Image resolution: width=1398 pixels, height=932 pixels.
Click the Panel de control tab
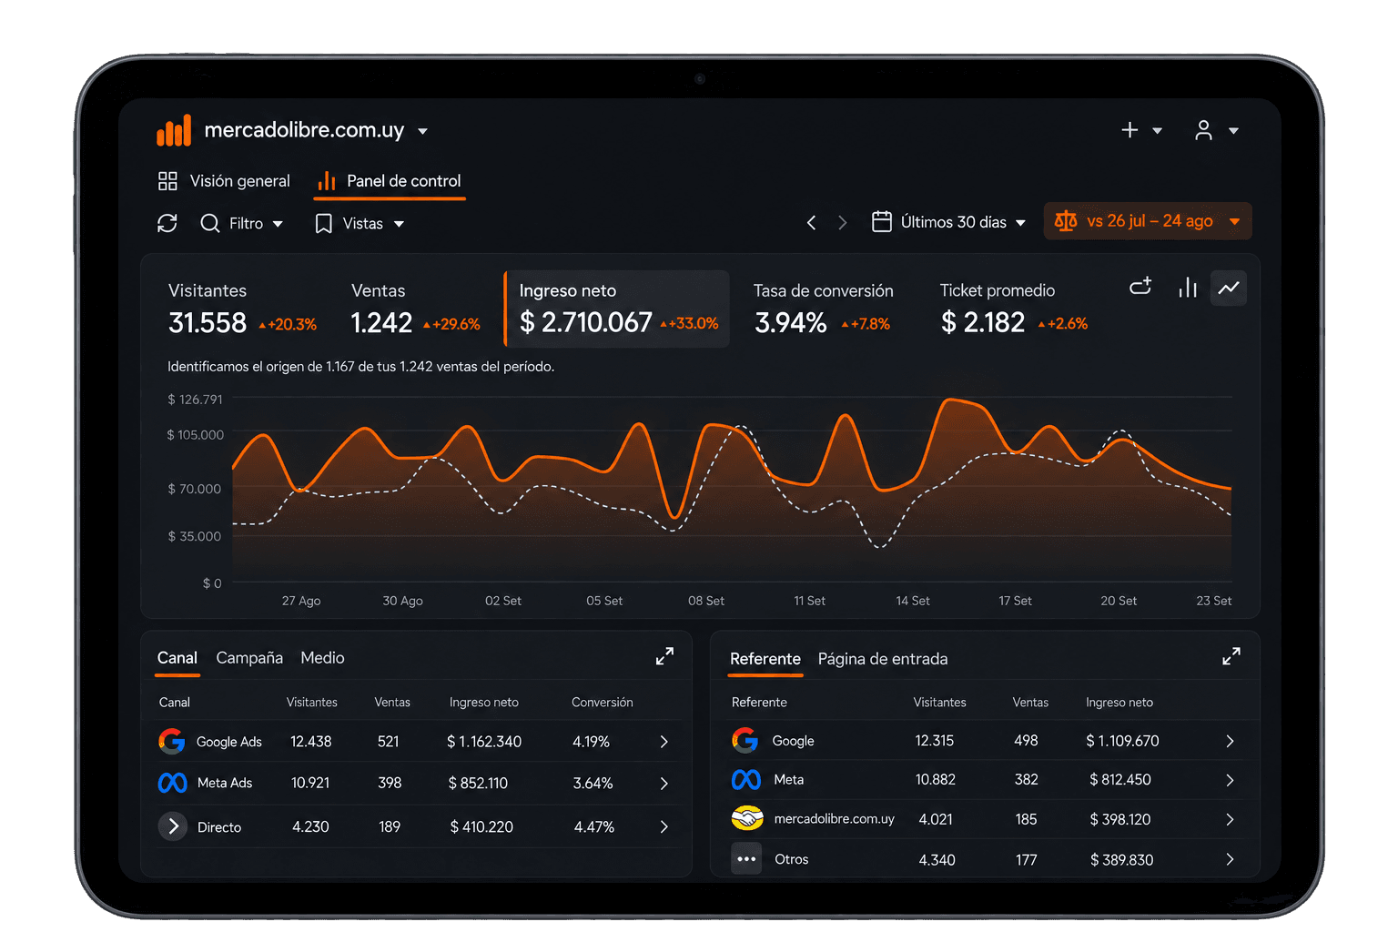pyautogui.click(x=390, y=181)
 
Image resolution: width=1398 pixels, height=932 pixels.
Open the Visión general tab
pyautogui.click(x=224, y=181)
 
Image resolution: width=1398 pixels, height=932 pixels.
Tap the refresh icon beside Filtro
pyautogui.click(x=167, y=223)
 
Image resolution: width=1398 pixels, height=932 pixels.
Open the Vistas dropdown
pyautogui.click(x=360, y=224)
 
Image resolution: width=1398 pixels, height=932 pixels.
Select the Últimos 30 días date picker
pyautogui.click(x=948, y=221)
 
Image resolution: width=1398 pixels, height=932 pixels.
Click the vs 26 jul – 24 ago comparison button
pyautogui.click(x=1147, y=221)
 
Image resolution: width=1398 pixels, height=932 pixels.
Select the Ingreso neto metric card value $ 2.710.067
pyautogui.click(x=586, y=322)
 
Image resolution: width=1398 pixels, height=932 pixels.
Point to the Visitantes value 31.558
pyautogui.click(x=208, y=323)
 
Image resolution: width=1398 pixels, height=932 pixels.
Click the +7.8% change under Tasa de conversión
pyautogui.click(x=866, y=324)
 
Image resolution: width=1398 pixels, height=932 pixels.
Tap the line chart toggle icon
pyautogui.click(x=1228, y=288)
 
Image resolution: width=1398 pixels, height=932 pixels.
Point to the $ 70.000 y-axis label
pyautogui.click(x=194, y=489)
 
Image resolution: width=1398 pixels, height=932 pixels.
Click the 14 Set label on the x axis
pyautogui.click(x=913, y=601)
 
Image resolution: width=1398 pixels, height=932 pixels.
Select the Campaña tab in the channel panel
pyautogui.click(x=249, y=658)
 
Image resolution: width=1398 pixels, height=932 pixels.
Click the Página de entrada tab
pyautogui.click(x=883, y=659)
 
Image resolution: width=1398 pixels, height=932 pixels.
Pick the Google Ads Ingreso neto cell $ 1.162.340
pyautogui.click(x=484, y=742)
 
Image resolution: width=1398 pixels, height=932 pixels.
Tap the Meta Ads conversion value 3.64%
pyautogui.click(x=593, y=783)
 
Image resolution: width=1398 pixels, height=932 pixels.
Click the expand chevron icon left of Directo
pyautogui.click(x=173, y=826)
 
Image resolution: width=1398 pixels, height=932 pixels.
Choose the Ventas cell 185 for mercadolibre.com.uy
pyautogui.click(x=1026, y=819)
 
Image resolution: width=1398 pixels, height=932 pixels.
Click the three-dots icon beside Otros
pyautogui.click(x=746, y=859)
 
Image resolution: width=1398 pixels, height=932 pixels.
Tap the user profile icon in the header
pyautogui.click(x=1203, y=130)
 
